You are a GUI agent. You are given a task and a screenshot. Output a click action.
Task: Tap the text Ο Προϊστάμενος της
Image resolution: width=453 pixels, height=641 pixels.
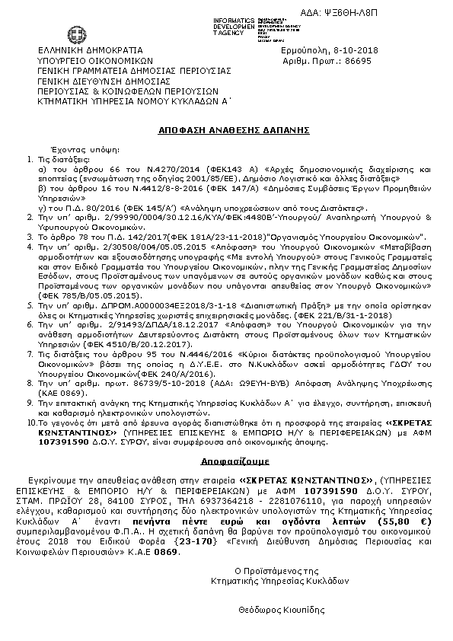(x=276, y=570)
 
